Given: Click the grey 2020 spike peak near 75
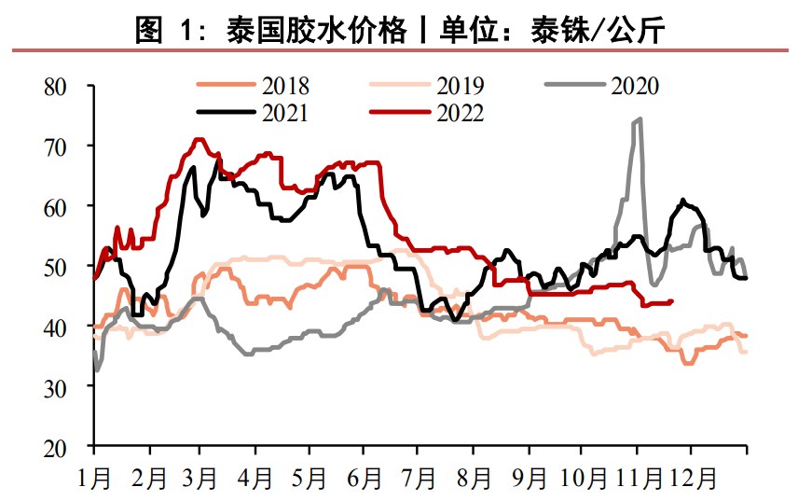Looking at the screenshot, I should [x=639, y=119].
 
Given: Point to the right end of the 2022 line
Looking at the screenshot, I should [x=672, y=300].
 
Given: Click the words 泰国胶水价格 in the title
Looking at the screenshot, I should [x=317, y=32].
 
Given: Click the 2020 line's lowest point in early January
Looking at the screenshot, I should [x=97, y=370].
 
